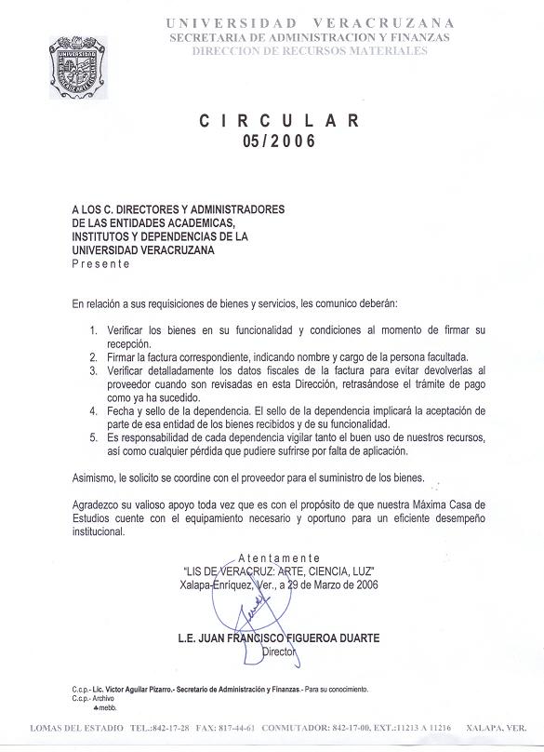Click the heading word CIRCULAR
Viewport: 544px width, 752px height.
278,121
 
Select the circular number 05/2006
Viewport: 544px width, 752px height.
278,141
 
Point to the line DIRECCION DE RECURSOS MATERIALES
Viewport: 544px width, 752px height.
310,51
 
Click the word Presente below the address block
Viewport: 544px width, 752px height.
101,263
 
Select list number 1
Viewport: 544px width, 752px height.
93,330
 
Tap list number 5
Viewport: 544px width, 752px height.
93,437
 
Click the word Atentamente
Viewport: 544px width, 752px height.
279,557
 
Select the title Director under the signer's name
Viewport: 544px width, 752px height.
279,653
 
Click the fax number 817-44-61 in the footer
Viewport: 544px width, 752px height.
229,727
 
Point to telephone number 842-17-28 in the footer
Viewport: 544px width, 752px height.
153,727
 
